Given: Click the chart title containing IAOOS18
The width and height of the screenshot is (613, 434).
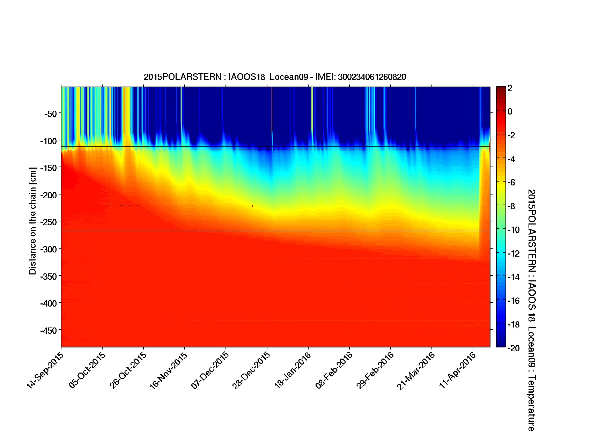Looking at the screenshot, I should click(x=275, y=77).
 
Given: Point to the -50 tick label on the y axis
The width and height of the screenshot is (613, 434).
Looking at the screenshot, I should click(x=50, y=113).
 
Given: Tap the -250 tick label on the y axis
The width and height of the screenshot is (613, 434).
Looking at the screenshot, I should click(x=48, y=222).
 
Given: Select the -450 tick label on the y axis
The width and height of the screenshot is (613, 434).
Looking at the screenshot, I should click(x=48, y=330).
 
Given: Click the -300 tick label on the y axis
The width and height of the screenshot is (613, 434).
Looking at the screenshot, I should click(x=48, y=249).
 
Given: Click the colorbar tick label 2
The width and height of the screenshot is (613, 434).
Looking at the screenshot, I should click(x=510, y=88).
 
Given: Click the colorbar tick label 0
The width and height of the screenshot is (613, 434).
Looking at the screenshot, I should click(x=510, y=112).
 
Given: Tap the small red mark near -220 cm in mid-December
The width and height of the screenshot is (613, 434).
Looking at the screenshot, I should click(x=252, y=206).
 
